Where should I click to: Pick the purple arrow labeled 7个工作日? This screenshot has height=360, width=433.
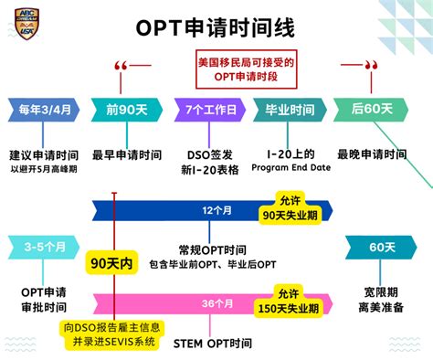[210, 111]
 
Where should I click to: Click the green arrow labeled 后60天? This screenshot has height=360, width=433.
[371, 110]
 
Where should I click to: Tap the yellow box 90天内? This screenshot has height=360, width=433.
[112, 263]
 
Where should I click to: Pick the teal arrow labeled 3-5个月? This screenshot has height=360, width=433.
[41, 248]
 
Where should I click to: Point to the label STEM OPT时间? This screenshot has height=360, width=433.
[212, 344]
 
